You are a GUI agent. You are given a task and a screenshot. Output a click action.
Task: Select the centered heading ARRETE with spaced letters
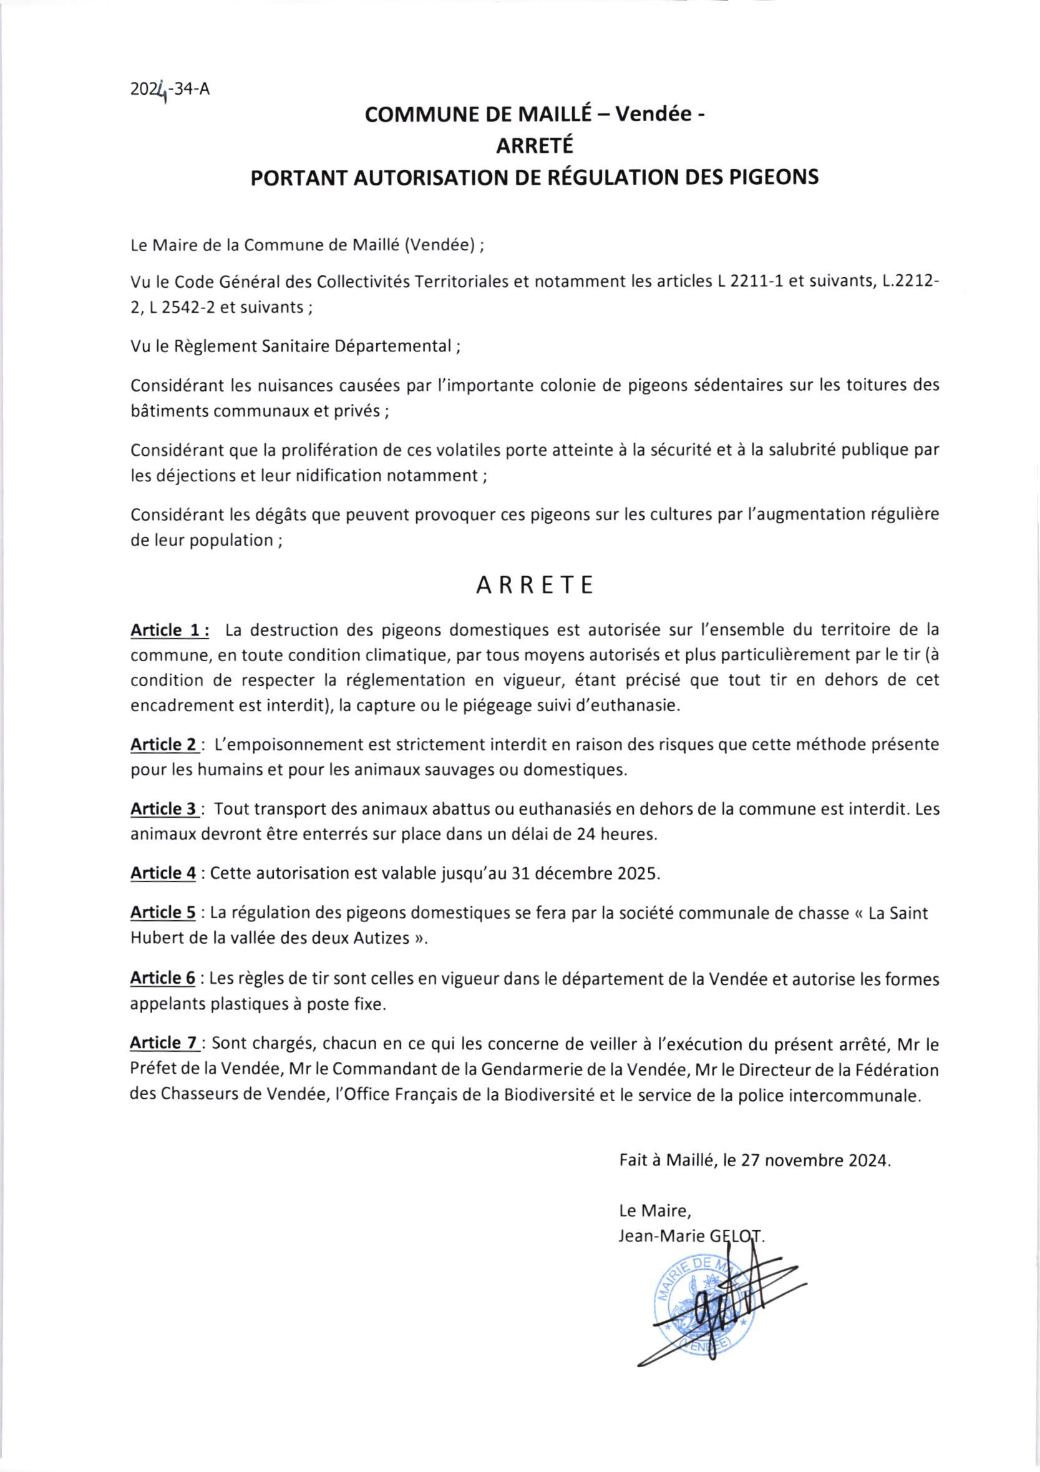pos(535,586)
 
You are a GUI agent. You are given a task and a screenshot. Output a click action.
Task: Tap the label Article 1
pos(170,631)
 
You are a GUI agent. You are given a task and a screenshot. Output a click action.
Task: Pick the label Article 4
pos(163,873)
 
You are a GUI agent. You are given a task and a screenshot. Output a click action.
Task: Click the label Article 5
pos(163,912)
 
